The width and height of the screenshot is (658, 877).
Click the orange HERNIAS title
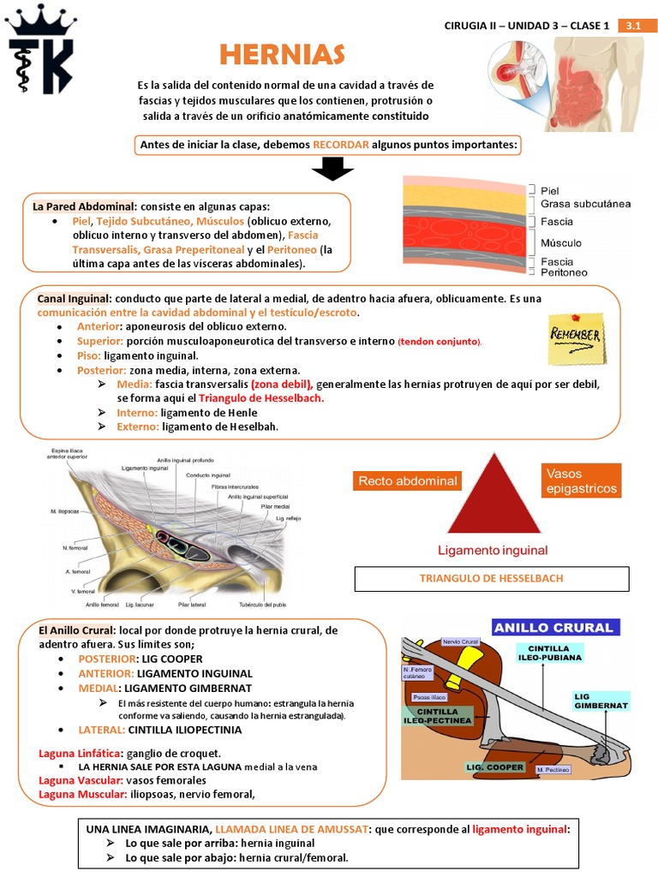point(282,54)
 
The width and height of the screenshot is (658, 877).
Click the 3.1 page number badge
point(634,26)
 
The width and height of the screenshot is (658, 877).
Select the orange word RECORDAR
point(341,145)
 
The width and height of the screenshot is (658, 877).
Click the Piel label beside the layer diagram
point(550,190)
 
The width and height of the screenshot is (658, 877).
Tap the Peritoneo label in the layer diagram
point(564,272)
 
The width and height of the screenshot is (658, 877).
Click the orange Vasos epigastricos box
point(581,480)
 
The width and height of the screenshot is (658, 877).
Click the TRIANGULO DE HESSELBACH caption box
point(492,578)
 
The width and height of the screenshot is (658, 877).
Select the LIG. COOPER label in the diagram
point(494,767)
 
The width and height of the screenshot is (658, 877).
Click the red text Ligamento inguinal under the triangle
point(493,550)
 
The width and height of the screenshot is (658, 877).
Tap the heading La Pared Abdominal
point(82,206)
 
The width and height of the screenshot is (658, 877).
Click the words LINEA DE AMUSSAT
point(295,830)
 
